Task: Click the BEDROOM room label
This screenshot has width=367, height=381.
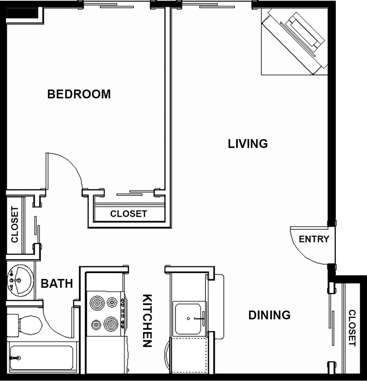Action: pos(79,94)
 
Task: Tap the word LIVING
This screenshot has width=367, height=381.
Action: pos(248,144)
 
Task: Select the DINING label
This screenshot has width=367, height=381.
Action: pos(269,315)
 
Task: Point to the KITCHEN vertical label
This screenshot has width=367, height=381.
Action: pos(147,321)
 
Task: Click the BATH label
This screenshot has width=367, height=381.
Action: pos(57,283)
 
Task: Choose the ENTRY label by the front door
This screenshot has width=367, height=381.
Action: pos(314,239)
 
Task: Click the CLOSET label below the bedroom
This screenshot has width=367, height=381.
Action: pos(129,214)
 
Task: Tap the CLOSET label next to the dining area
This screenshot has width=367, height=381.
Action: pos(352,328)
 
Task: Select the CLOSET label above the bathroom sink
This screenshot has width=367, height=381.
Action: pos(14,224)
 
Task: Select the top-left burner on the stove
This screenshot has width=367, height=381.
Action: pos(97,302)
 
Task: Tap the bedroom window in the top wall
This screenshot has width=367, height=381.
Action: pos(117,6)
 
